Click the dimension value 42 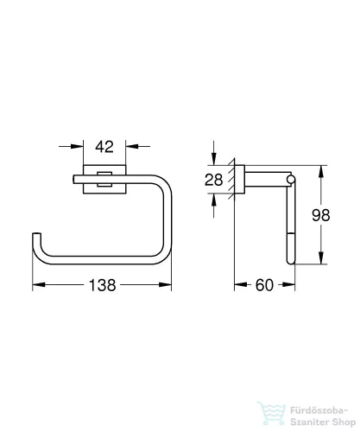click(104, 147)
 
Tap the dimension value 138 click(103, 285)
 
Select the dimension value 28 click(213, 180)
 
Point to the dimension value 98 click(321, 215)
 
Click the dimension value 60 click(264, 285)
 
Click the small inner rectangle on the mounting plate click(104, 179)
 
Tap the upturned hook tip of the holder click(36, 234)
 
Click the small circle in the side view click(290, 180)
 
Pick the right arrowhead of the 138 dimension click(165, 284)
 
